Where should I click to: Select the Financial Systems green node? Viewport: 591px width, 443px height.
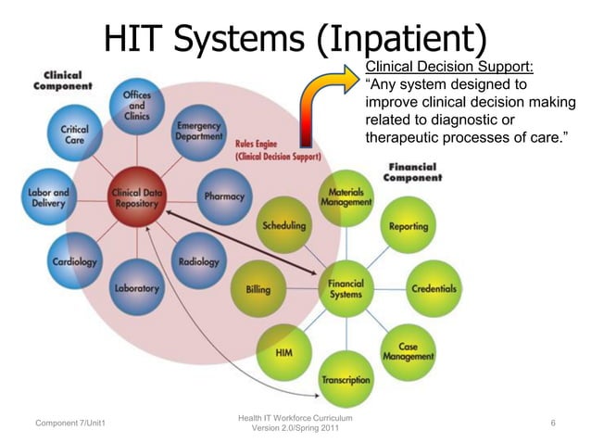click(x=346, y=288)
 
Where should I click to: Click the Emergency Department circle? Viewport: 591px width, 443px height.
click(x=198, y=132)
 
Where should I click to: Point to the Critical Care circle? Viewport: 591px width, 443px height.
click(x=74, y=135)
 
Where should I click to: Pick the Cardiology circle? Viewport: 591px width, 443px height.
click(x=73, y=261)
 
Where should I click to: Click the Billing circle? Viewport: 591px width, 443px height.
click(x=258, y=289)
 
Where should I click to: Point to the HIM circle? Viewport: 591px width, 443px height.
click(x=284, y=353)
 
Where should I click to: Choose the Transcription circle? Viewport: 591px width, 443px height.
click(x=346, y=378)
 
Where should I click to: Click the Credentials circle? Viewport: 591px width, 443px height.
click(x=434, y=288)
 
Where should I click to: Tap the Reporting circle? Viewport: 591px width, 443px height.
click(x=408, y=225)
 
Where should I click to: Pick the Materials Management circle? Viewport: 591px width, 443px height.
click(x=346, y=197)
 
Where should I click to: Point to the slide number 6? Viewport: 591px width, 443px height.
click(x=552, y=424)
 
